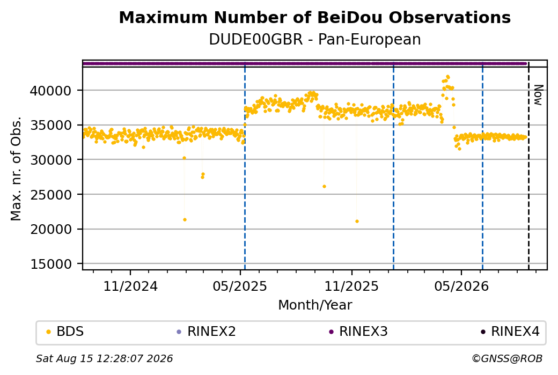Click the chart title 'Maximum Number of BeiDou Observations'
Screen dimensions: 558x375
[314, 17]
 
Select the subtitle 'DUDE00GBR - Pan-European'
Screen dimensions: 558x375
[314, 39]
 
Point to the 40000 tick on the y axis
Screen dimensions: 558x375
[50, 91]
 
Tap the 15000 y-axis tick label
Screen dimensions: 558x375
[50, 264]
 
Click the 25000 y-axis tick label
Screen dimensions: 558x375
[50, 195]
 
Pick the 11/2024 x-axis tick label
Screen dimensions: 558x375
[130, 286]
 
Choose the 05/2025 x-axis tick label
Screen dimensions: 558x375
[240, 286]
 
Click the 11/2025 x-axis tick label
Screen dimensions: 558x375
[351, 286]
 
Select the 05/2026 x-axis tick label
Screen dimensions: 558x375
[461, 286]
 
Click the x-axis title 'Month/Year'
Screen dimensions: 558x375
[315, 305]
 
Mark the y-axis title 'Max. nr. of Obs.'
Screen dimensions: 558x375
[16, 168]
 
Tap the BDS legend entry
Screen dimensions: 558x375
[65, 332]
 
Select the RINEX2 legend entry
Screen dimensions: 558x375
[207, 332]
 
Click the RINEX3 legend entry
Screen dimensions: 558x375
[358, 332]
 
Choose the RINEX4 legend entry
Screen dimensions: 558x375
[510, 332]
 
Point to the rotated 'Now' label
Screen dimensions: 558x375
[539, 95]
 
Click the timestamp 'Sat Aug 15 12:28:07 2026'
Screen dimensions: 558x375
[104, 358]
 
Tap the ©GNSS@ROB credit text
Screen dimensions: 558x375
[507, 358]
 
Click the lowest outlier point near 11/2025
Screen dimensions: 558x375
[357, 222]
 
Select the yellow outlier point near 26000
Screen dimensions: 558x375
[324, 187]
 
